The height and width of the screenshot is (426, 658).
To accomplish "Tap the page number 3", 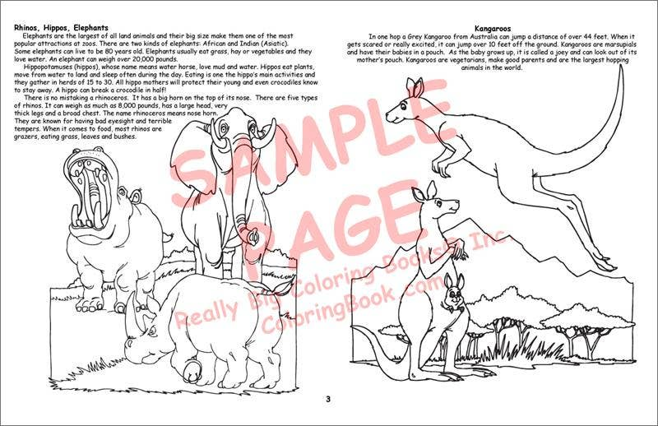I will point(327,400).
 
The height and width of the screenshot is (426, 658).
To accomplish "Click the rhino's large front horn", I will point(132,322).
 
